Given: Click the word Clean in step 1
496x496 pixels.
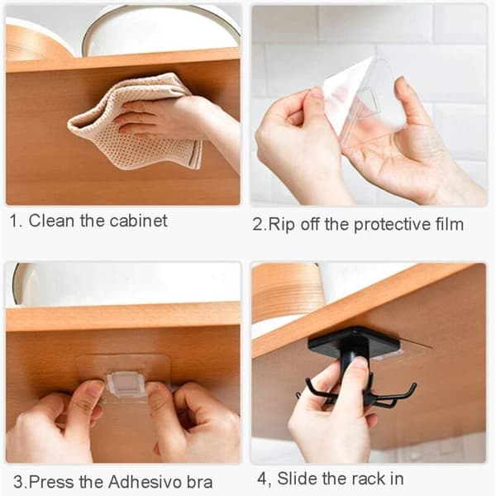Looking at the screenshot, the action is (x=51, y=221).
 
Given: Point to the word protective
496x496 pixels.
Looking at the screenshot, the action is (x=392, y=225).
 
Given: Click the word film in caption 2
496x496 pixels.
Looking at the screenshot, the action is (x=450, y=224).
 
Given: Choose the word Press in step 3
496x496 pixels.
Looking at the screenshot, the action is (x=52, y=482).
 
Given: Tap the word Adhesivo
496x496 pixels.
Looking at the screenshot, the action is (x=145, y=482).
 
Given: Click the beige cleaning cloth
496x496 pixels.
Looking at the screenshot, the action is (x=133, y=122).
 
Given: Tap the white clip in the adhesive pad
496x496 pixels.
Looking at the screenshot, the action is (x=126, y=384).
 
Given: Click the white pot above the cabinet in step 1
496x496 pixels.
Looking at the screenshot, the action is (x=160, y=31).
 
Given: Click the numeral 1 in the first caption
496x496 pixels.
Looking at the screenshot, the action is (x=14, y=221).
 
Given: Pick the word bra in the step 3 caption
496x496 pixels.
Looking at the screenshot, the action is (x=199, y=482).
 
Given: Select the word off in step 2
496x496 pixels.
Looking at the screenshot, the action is (x=310, y=225).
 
